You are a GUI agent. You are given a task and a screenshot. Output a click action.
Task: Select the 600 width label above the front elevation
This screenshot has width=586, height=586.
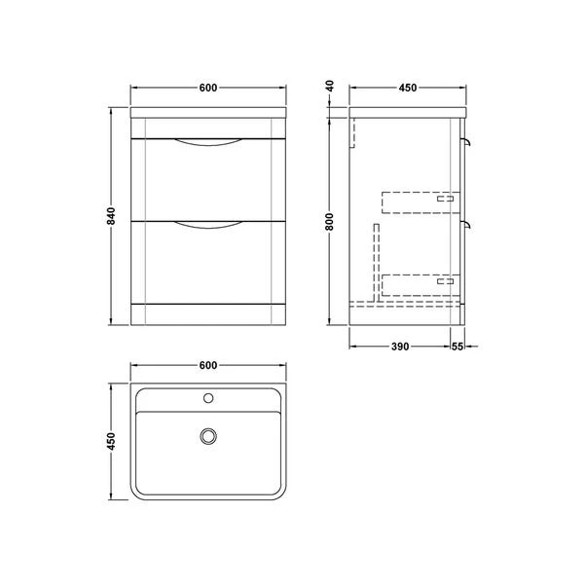[207, 89]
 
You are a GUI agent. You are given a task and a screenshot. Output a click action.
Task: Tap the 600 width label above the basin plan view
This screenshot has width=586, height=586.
[207, 365]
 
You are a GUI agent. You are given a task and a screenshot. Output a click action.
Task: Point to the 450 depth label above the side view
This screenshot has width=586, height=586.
[407, 89]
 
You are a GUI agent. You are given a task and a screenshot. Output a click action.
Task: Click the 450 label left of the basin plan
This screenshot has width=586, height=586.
[113, 441]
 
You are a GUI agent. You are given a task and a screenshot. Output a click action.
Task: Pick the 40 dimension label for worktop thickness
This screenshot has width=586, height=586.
[331, 88]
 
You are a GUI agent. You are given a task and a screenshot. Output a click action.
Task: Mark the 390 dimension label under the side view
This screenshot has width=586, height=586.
[399, 346]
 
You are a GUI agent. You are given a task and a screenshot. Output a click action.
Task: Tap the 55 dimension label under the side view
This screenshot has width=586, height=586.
[458, 346]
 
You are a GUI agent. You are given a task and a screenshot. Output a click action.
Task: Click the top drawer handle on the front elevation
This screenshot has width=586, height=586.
[207, 145]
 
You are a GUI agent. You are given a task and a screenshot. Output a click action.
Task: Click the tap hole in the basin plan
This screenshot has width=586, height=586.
[207, 398]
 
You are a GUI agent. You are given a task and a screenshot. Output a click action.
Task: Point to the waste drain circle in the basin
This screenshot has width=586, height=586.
[207, 437]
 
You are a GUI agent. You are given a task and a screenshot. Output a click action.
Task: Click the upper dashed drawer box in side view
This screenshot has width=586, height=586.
[419, 201]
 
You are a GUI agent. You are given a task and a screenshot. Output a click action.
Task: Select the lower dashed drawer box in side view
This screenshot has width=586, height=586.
[419, 284]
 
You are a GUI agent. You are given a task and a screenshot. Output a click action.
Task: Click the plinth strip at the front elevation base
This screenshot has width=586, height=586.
[207, 313]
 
